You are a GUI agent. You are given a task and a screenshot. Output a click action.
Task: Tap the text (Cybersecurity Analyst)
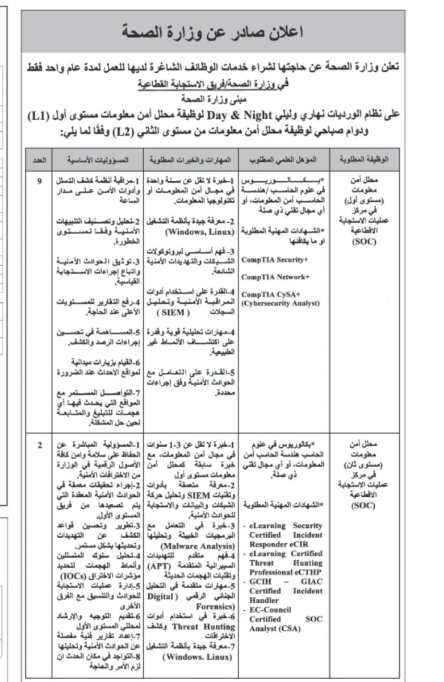(x=280, y=303)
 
